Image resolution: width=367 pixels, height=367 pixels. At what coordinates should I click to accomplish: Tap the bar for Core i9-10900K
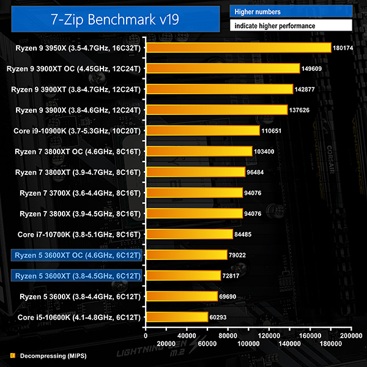[x=202, y=130]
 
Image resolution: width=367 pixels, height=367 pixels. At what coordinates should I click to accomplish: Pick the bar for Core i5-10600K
[x=176, y=317]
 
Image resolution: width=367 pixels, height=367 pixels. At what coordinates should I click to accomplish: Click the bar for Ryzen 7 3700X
[x=193, y=193]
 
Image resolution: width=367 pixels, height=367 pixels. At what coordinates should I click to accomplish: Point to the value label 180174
[x=343, y=48]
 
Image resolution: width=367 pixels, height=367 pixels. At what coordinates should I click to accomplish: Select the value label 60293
[x=220, y=317]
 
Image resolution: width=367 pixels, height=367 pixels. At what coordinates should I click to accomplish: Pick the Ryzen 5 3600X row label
[x=80, y=297]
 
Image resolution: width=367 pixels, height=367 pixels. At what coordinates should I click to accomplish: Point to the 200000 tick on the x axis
[x=350, y=335]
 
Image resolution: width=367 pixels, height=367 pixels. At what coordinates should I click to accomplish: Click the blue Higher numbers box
[x=291, y=12]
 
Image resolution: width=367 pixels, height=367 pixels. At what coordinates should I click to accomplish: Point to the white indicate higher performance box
[x=291, y=26]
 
